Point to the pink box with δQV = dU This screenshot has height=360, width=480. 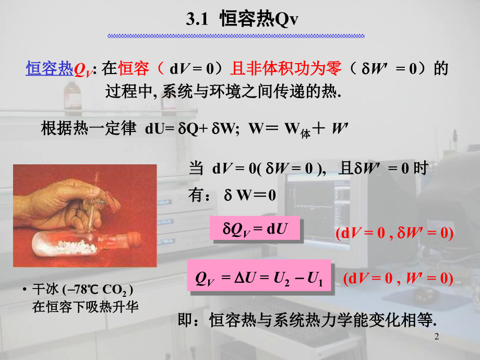click(x=255, y=228)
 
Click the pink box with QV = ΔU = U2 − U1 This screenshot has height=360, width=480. click(x=259, y=275)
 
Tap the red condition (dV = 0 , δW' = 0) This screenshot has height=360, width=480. click(x=394, y=233)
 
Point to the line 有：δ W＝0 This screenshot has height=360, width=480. click(x=232, y=196)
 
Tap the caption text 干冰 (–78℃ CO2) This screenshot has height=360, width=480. click(x=83, y=290)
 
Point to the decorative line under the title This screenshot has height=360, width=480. click(x=236, y=35)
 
